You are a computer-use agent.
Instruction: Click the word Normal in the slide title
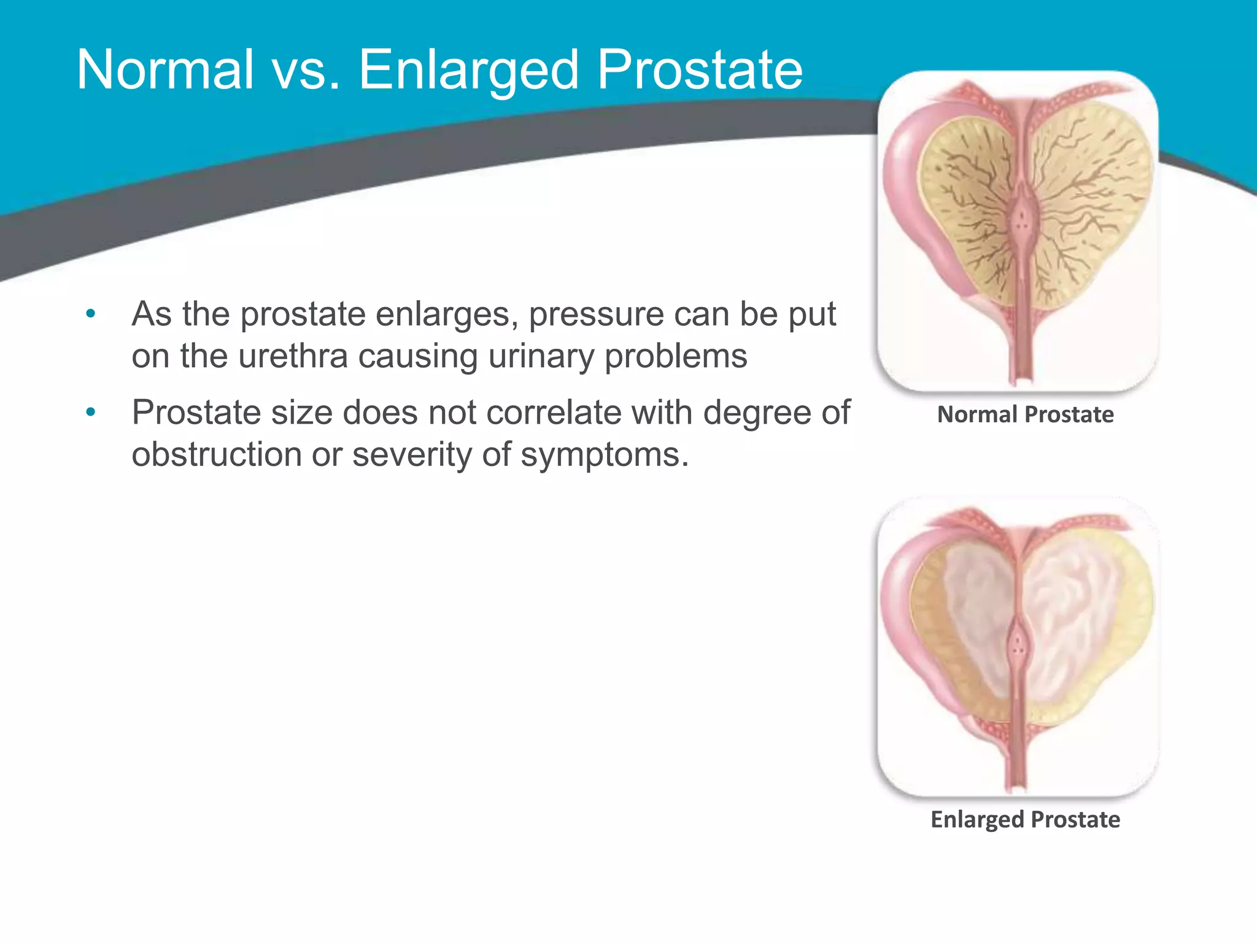165,70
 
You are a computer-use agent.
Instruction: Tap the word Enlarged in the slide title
469,70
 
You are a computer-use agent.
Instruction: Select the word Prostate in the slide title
700,70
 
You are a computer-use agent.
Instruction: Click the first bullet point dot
91,314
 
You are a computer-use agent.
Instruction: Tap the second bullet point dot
91,413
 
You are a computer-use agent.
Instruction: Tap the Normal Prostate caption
1025,414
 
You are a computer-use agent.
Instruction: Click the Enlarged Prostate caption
1025,820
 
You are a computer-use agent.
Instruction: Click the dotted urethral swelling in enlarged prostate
1018,645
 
